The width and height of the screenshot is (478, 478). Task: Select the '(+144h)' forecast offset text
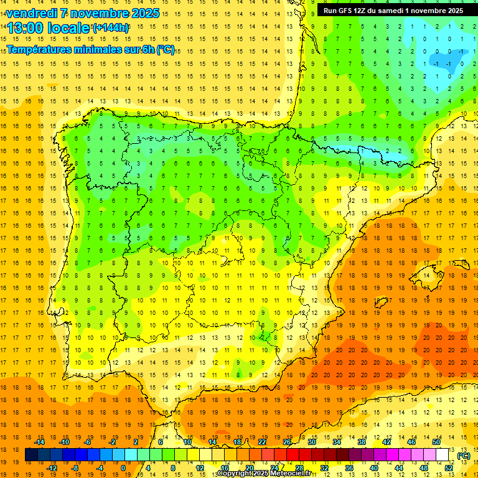pos(111,28)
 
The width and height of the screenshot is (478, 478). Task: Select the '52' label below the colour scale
pos(449,468)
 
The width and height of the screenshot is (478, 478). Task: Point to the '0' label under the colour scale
pos(123,468)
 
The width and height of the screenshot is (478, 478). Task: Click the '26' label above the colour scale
pos(287,442)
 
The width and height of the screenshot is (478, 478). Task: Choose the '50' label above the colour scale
pos(436,442)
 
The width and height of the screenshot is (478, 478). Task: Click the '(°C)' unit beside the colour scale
pos(463,456)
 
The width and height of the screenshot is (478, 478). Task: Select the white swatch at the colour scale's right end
pos(443,455)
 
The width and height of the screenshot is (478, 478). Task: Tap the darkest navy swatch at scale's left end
pos(31,455)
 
